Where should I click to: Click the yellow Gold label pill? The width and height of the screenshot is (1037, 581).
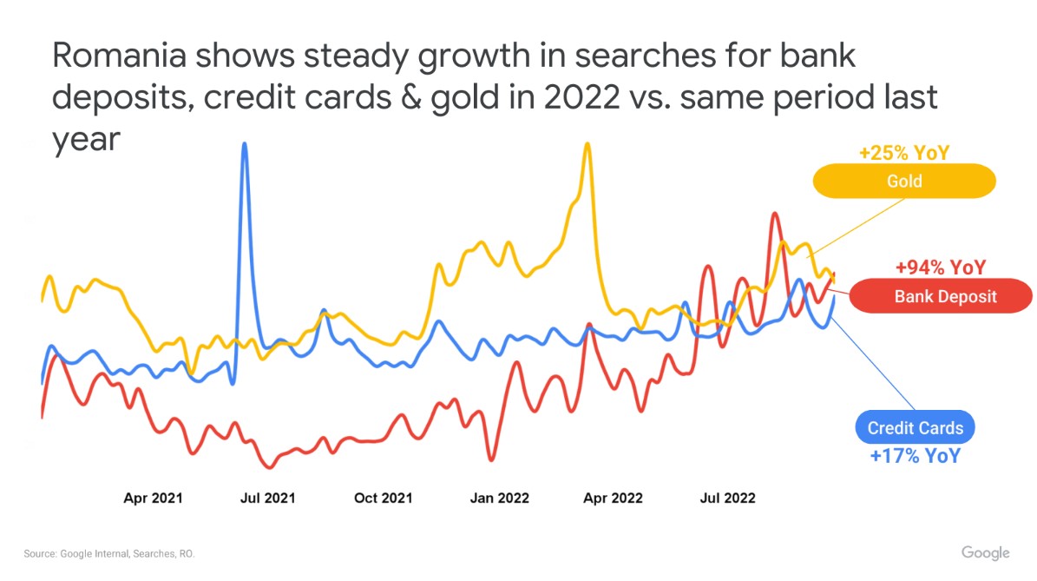point(904,181)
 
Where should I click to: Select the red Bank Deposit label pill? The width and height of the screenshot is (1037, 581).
point(941,296)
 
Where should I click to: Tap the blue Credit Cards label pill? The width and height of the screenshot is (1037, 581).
point(916,427)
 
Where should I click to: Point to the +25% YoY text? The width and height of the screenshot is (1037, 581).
point(904,153)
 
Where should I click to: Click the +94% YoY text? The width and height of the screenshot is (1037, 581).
point(941,267)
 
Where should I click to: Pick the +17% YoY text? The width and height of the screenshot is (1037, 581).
point(916,456)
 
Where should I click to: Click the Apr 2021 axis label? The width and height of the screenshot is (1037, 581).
point(153,498)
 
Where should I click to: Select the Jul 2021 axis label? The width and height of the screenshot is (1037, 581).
point(268,498)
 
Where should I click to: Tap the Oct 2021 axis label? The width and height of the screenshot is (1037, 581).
point(383,498)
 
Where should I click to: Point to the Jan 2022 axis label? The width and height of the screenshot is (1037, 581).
point(499,498)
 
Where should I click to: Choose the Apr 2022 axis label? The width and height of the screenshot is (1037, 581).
point(613,498)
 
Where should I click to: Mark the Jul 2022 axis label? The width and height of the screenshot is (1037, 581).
point(727,498)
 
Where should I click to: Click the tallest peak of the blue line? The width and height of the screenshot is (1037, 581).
point(245,143)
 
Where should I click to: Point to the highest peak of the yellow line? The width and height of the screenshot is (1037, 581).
point(587,143)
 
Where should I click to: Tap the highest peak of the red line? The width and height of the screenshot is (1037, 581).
point(774,214)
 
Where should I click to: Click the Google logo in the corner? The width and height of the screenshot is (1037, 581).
point(986,553)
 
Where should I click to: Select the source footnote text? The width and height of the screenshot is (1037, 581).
point(109,554)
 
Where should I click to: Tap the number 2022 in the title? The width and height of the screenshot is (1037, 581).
point(582,97)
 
